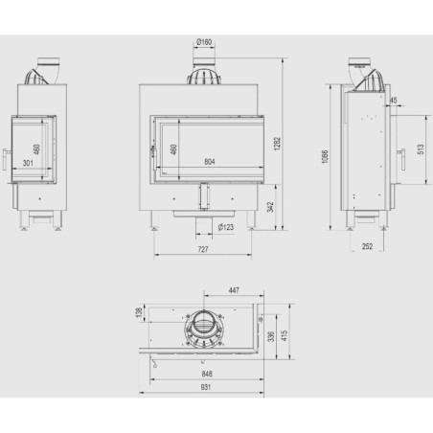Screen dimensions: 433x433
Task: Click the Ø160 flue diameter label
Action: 204,42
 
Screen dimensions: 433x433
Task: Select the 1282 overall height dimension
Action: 277,144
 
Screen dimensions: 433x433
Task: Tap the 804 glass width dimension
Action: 210,162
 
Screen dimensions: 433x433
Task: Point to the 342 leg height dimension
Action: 270,207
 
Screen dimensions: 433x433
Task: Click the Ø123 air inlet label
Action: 226,227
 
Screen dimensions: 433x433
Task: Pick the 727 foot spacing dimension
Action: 203,249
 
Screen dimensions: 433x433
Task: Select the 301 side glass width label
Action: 28,163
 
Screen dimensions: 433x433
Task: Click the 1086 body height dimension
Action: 325,156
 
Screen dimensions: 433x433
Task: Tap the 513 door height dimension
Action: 421,149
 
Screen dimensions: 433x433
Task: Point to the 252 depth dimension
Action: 367,246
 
